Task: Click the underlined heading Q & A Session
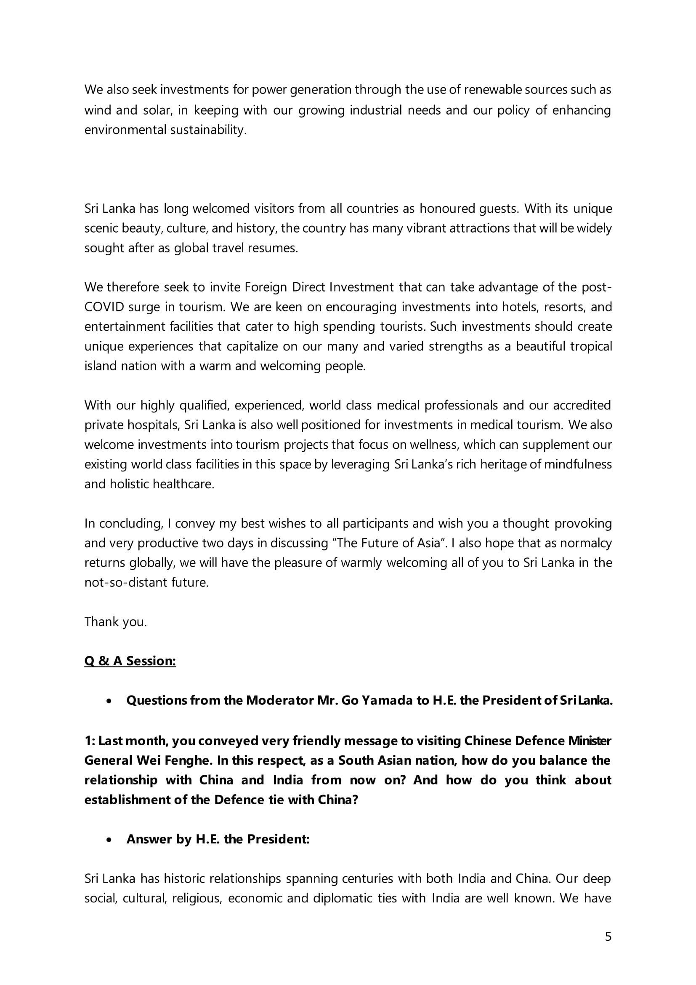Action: (130, 661)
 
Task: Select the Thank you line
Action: (115, 622)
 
